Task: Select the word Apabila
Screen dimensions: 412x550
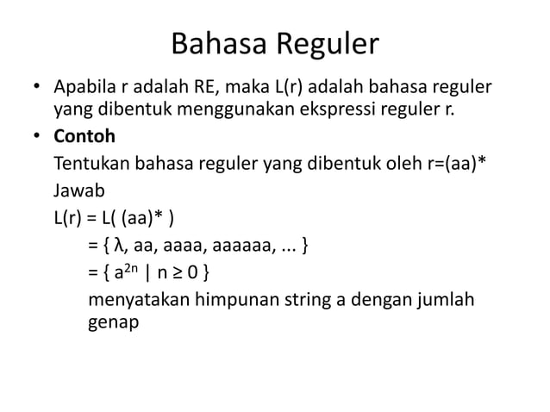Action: click(84, 89)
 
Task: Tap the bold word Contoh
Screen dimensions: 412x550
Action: click(84, 137)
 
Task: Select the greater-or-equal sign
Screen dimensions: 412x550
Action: click(180, 276)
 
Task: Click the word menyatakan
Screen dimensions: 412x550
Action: click(134, 303)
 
